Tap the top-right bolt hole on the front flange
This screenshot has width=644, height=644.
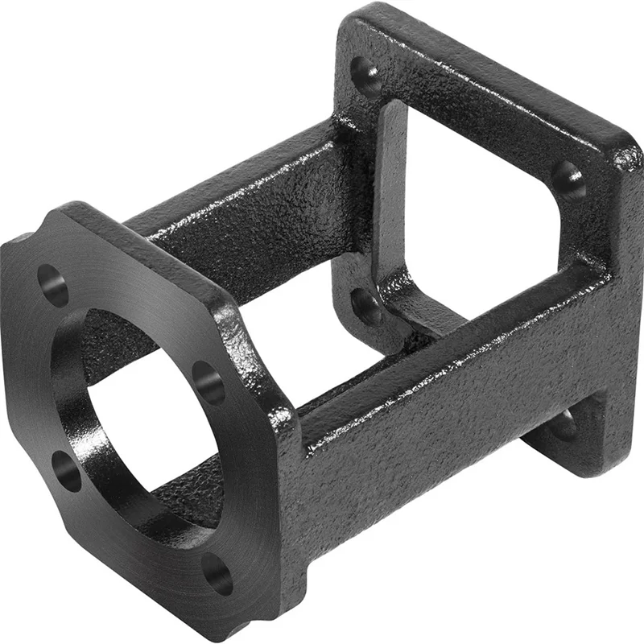tap(209, 383)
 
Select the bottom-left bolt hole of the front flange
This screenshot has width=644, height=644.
tap(68, 470)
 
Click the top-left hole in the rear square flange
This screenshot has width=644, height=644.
tap(367, 78)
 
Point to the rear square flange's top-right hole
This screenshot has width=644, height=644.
tap(568, 180)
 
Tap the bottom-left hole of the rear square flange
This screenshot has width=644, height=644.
tap(367, 305)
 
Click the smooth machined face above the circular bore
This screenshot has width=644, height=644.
tap(137, 274)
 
